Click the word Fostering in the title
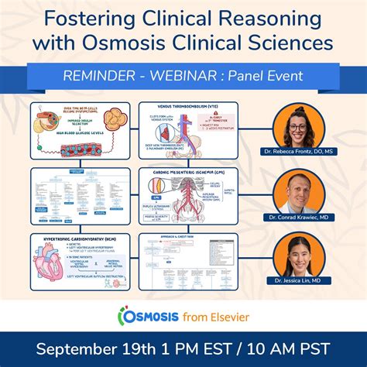pos(97,18)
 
